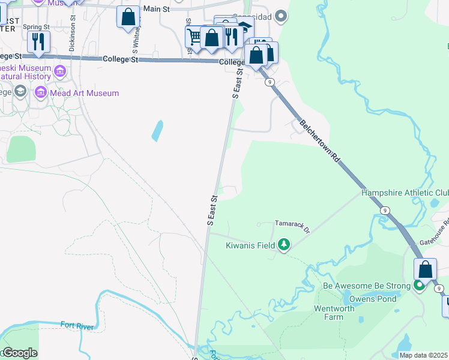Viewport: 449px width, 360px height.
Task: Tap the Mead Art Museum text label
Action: point(85,93)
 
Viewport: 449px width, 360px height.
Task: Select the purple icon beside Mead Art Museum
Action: point(40,92)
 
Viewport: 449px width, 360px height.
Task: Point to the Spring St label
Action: point(34,28)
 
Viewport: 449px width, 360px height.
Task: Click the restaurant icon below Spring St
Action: point(38,41)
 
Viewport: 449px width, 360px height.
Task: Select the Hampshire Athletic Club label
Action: point(405,193)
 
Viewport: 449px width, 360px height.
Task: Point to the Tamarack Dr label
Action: point(292,226)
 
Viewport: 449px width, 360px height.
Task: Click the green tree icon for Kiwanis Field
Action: point(284,245)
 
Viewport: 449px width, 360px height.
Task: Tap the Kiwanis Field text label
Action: point(250,245)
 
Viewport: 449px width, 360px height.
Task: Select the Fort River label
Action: point(76,326)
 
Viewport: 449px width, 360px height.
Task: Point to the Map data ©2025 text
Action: point(423,355)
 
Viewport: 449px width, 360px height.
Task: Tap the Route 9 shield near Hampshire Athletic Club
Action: point(385,210)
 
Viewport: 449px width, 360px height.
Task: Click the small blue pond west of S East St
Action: point(157,130)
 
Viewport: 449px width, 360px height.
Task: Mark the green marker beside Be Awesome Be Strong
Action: point(420,286)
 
